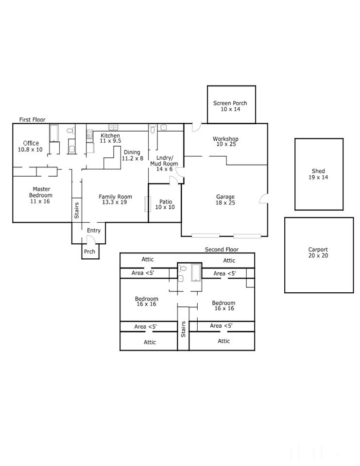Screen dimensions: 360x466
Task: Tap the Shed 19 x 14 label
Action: coord(318,174)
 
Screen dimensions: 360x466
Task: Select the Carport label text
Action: coord(318,250)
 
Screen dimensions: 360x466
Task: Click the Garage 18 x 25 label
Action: coord(225,200)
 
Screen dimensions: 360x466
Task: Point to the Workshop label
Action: coord(225,139)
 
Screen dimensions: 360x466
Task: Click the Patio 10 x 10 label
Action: coord(165,204)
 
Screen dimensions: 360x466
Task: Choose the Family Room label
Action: coord(115,197)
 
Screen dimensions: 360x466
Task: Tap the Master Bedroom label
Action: coord(41,192)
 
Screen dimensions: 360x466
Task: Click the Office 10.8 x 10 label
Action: coord(30,146)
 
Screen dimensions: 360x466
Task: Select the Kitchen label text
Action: coord(110,135)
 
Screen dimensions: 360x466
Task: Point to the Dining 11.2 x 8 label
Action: coord(133,155)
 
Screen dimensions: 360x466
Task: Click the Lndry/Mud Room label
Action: coord(164,161)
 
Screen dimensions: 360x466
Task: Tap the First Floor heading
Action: coord(33,120)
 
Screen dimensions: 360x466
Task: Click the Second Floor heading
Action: coord(222,250)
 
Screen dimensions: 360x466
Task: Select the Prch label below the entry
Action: coord(89,252)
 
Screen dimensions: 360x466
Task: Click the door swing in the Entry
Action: coord(91,239)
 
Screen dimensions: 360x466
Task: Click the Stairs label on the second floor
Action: coord(183,329)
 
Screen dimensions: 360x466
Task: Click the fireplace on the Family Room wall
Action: coord(146,204)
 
